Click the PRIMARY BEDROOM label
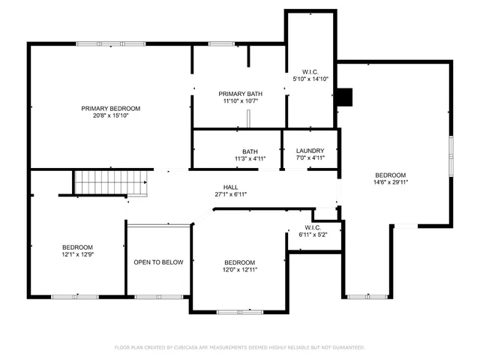click(x=110, y=108)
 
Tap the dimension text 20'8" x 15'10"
click(x=110, y=115)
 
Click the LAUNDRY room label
click(x=310, y=151)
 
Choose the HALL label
click(x=230, y=187)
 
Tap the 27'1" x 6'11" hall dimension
click(x=230, y=194)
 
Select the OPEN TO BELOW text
click(x=158, y=262)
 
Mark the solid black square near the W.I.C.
click(x=344, y=97)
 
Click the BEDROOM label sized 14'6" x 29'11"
click(x=390, y=175)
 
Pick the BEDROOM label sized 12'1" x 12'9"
click(x=77, y=247)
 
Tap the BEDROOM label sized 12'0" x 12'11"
click(x=240, y=262)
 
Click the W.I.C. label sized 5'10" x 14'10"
click(x=310, y=70)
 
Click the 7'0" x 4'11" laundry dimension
click(x=310, y=158)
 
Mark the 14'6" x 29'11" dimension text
click(x=390, y=182)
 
